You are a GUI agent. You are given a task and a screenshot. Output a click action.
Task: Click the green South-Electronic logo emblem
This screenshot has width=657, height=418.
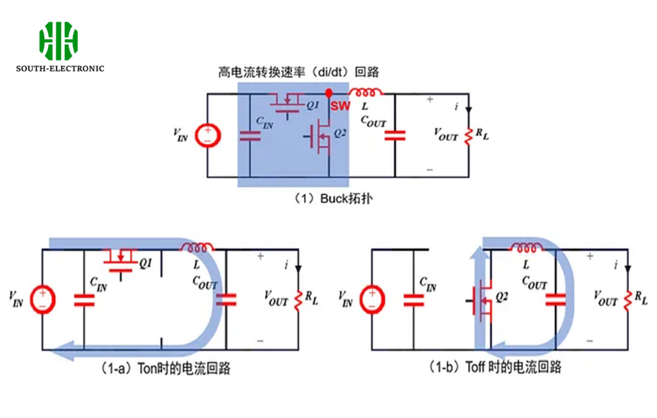point(58,41)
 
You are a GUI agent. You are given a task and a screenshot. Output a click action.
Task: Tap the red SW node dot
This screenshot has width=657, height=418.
point(329,93)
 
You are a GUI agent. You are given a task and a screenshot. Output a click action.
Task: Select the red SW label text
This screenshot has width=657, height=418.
point(340,106)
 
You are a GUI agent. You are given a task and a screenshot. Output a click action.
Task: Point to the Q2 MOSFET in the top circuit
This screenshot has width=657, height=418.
point(318,137)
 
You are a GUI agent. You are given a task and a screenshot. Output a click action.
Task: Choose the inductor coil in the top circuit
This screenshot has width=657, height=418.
point(365,91)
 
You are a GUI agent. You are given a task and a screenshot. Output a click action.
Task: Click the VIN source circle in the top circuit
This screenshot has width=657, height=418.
point(208,136)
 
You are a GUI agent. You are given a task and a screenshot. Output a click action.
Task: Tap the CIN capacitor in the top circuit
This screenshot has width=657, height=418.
point(250,136)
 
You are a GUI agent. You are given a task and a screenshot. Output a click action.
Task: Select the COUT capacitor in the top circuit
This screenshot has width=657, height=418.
point(395,135)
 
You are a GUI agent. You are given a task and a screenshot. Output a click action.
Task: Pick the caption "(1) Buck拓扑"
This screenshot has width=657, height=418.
point(333,198)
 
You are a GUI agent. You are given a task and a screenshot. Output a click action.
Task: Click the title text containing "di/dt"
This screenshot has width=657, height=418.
point(298,72)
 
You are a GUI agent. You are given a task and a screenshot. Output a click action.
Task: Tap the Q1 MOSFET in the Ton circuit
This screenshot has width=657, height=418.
point(121,262)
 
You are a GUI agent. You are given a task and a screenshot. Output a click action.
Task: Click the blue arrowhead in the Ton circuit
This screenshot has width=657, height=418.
point(62,351)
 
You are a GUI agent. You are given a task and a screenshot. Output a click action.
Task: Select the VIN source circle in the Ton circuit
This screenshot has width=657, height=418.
point(43,299)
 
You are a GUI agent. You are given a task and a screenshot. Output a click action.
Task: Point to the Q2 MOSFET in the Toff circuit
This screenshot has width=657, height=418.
point(481,300)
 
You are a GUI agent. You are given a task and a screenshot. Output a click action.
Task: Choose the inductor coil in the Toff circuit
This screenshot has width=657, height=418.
point(527,248)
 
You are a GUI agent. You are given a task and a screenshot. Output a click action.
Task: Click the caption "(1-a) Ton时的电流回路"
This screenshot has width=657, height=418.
point(166,369)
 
